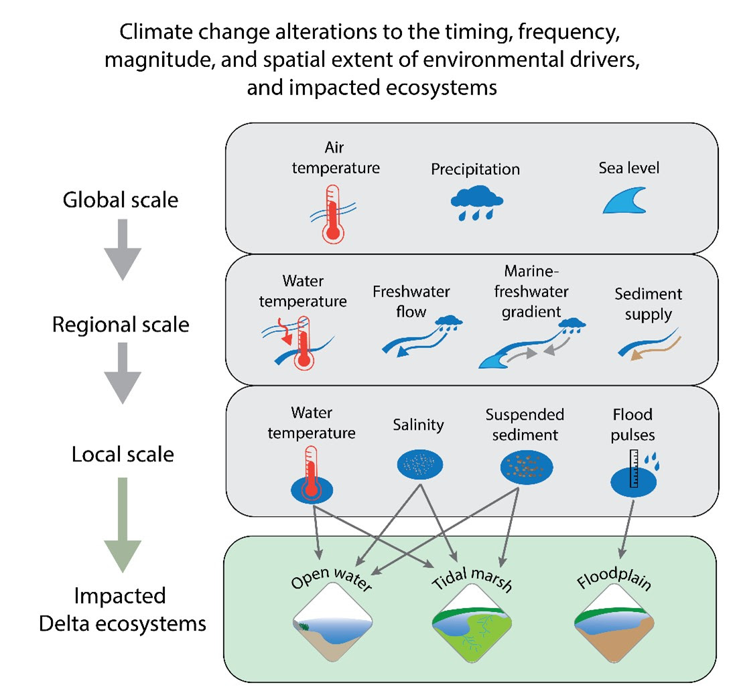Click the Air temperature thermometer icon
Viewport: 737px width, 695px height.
pos(333,214)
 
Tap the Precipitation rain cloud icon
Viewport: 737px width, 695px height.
pos(476,202)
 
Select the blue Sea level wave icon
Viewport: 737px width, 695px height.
pos(624,200)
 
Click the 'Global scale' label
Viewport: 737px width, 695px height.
pos(121,200)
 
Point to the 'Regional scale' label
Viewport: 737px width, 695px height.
pos(121,325)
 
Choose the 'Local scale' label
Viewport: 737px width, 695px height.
pos(123,454)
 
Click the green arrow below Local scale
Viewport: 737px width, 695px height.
pos(123,524)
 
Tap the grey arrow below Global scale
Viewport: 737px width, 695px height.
pos(123,249)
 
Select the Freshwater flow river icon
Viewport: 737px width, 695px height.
pos(422,336)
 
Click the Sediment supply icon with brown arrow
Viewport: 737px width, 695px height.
pos(650,345)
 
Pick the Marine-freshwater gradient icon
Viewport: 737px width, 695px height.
pos(532,343)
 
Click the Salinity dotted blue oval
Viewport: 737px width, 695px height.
pos(420,465)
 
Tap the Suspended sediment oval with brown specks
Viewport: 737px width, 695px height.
pos(527,467)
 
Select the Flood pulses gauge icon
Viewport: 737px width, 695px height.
pos(634,473)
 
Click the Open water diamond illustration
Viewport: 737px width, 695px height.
pos(333,623)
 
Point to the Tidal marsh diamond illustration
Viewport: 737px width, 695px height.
pos(472,623)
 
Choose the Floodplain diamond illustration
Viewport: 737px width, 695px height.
pos(614,623)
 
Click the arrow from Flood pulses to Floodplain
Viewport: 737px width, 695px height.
pos(627,529)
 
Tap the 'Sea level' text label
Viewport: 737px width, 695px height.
pos(629,167)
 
